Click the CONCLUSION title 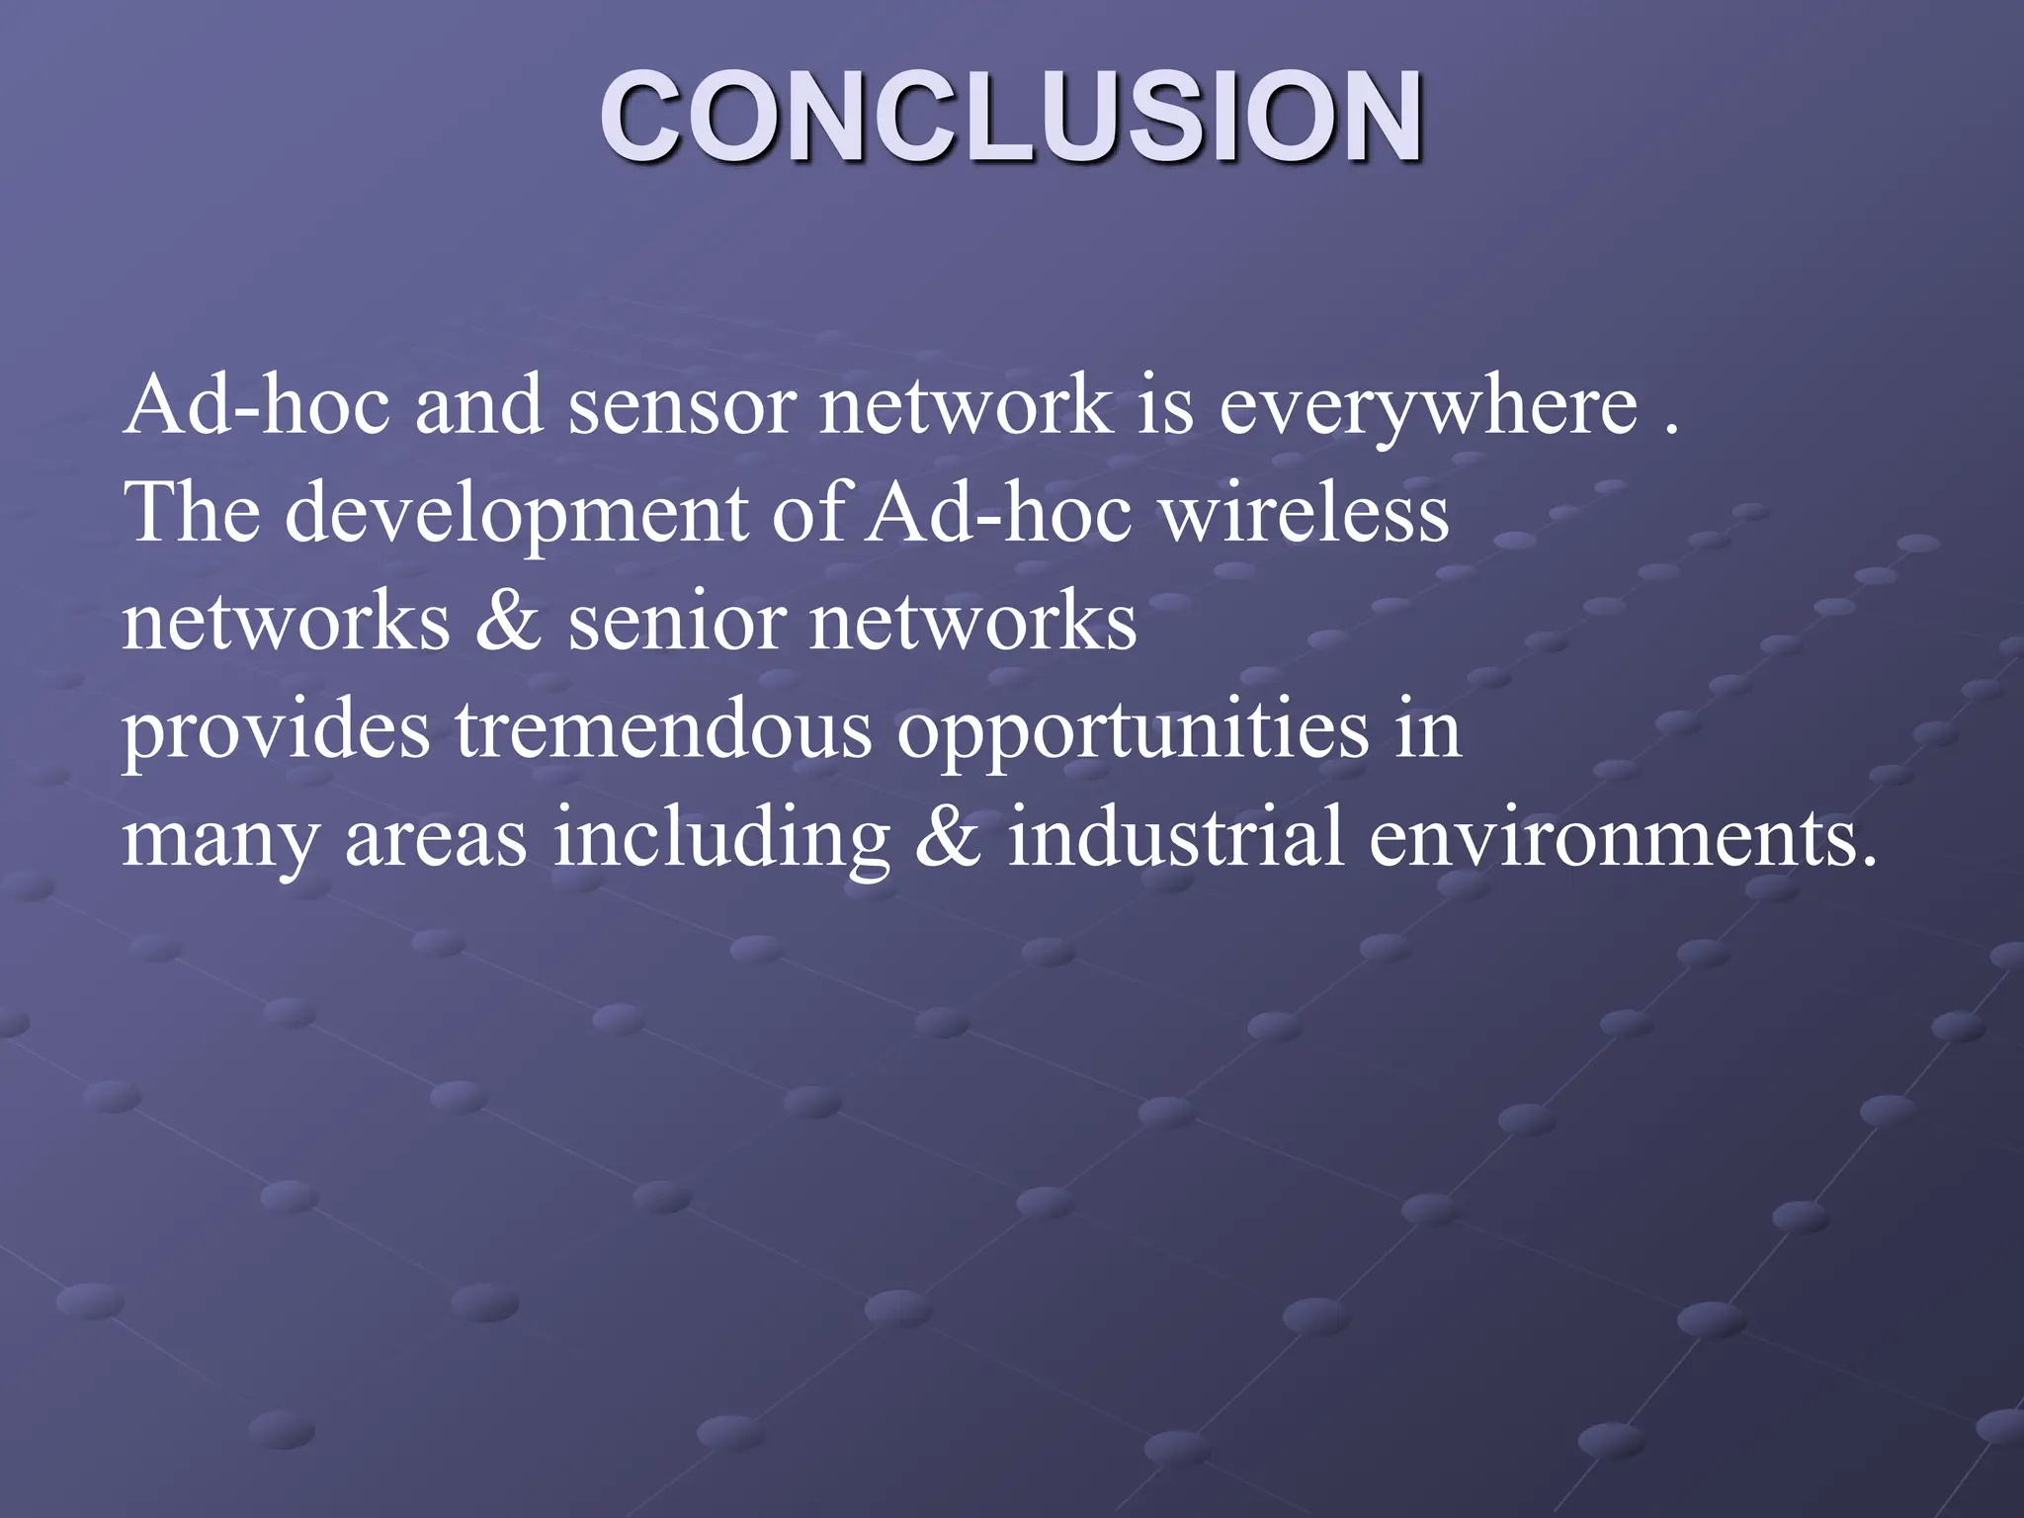pos(1011,117)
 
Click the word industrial pos(1175,838)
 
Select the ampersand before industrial pos(949,838)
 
